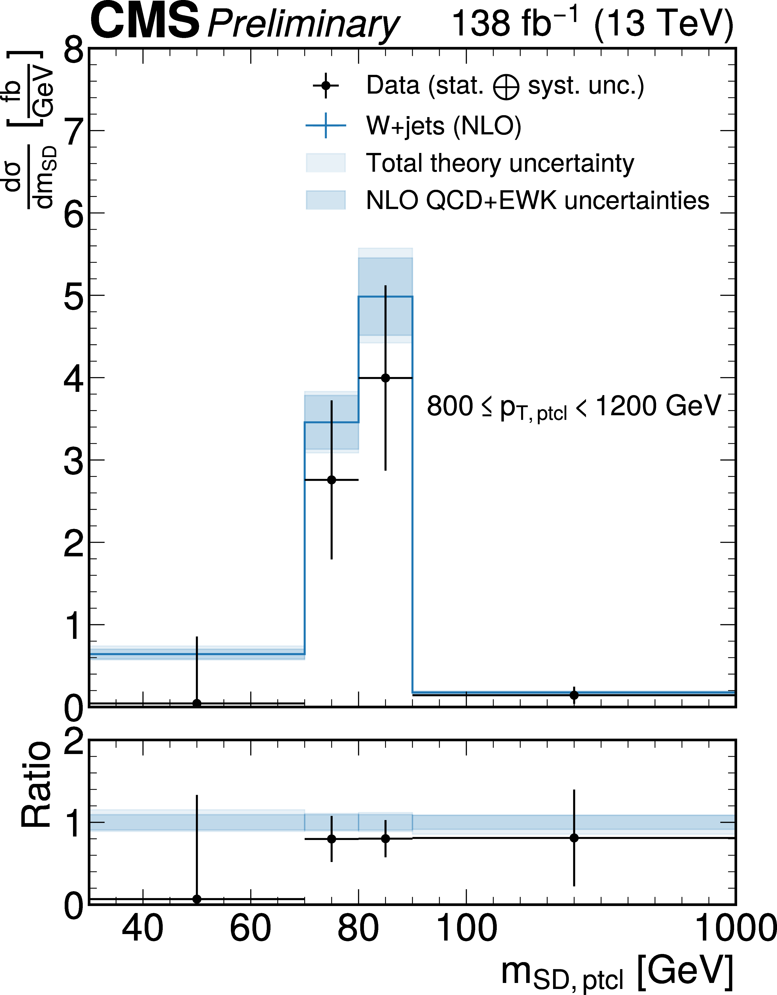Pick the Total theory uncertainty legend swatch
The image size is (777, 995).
325,163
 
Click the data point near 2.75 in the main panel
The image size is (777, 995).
331,480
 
